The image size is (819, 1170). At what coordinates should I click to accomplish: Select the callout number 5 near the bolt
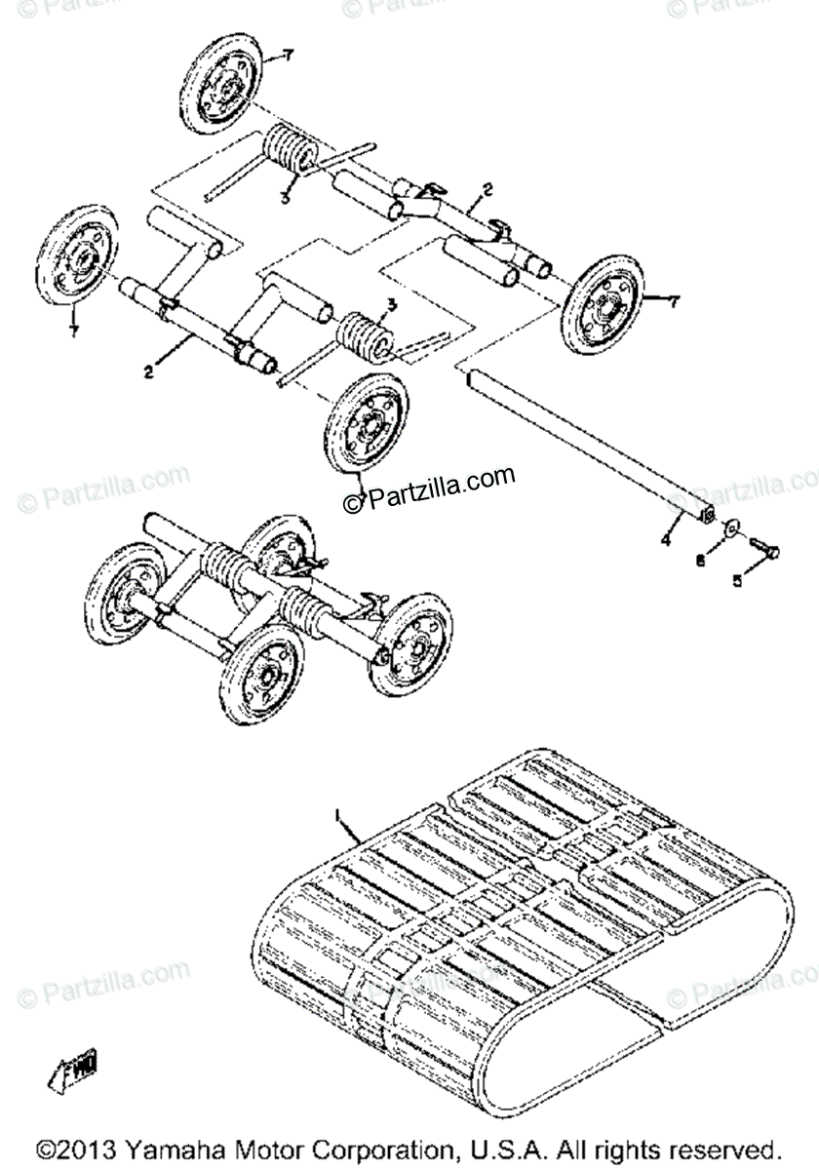pos(737,580)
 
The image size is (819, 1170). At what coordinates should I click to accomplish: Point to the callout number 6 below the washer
pos(700,562)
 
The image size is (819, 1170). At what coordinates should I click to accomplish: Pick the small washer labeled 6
pos(728,530)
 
